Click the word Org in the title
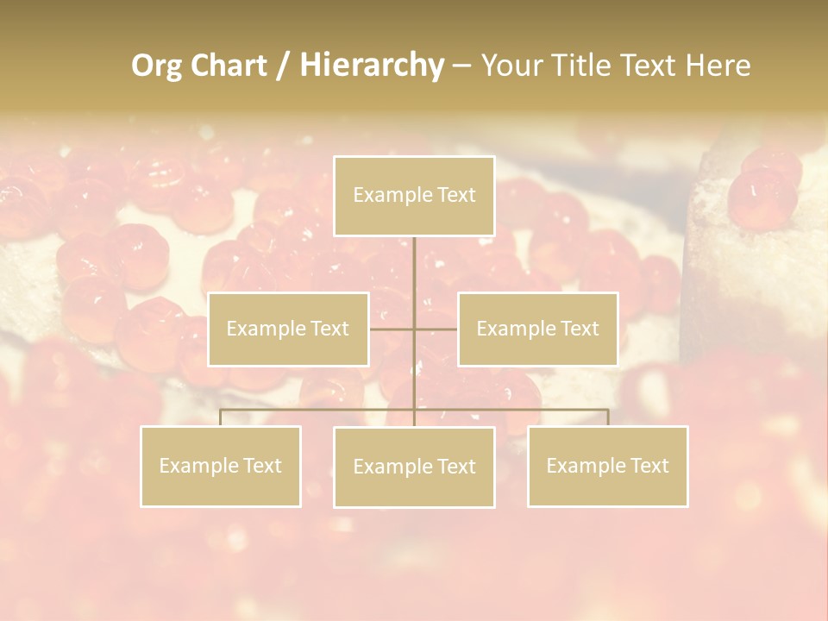156,66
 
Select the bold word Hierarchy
371,66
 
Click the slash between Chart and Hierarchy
283,66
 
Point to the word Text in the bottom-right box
648,466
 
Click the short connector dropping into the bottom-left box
221,417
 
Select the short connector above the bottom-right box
608,417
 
